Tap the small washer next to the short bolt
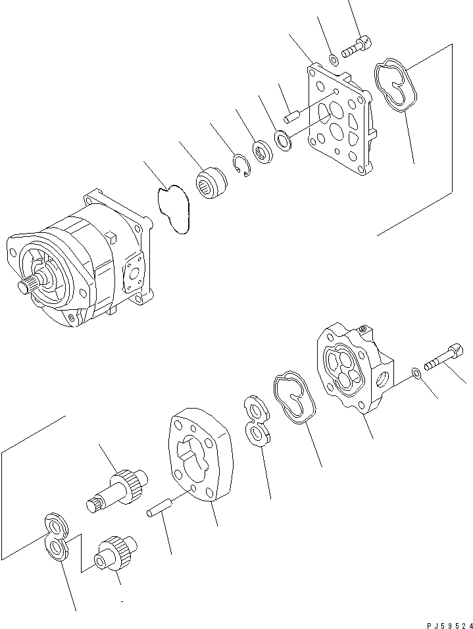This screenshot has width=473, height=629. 334,60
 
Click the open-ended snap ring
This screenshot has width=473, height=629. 242,164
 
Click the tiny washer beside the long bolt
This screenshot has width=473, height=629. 416,374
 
